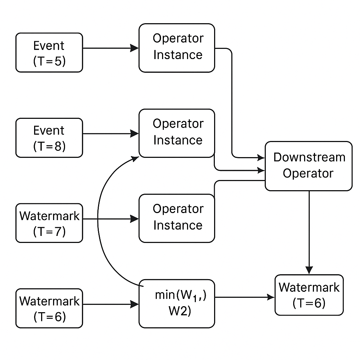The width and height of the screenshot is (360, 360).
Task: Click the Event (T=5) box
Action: click(49, 53)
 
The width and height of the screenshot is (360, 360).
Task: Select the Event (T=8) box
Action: click(49, 137)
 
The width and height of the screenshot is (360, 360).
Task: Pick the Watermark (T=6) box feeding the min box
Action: click(49, 308)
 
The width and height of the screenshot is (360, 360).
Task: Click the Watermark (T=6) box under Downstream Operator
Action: click(309, 295)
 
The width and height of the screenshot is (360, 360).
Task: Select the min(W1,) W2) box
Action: click(177, 303)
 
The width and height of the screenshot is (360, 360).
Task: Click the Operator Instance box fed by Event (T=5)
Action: click(177, 48)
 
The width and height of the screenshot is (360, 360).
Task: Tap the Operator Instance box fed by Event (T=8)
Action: click(177, 133)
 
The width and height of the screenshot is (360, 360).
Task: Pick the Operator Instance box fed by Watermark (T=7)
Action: click(177, 218)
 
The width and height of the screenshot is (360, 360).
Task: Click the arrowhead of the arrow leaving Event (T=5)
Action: click(135, 48)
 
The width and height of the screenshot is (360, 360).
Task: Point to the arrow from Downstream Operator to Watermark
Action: click(309, 232)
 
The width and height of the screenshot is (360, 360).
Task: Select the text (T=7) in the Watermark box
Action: click(49, 232)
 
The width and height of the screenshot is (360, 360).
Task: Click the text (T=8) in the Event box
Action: click(49, 146)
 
